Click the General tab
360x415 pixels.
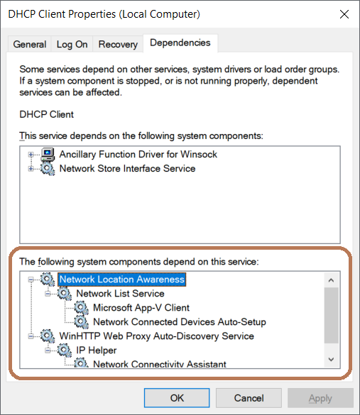pyautogui.click(x=29, y=44)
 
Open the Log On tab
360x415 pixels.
pyautogui.click(x=72, y=44)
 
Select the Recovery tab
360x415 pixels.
pyautogui.click(x=118, y=44)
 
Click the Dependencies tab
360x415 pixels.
pyautogui.click(x=180, y=43)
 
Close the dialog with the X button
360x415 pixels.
pyautogui.click(x=344, y=14)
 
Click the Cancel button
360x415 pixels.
pyautogui.click(x=249, y=398)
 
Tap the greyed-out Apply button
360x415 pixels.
pyautogui.click(x=320, y=398)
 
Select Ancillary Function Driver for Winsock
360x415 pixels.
pyautogui.click(x=138, y=154)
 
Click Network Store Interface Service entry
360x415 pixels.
pyautogui.click(x=127, y=168)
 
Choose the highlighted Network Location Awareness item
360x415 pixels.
pyautogui.click(x=122, y=280)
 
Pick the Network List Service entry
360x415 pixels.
pyautogui.click(x=120, y=294)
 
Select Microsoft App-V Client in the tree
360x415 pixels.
pyautogui.click(x=141, y=308)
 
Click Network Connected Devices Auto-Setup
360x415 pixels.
pyautogui.click(x=180, y=322)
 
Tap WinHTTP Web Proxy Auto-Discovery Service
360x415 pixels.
pyautogui.click(x=156, y=336)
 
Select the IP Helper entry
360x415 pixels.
pyautogui.click(x=97, y=350)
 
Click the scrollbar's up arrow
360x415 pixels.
pyautogui.click(x=331, y=280)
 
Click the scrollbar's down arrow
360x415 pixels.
pyautogui.click(x=331, y=359)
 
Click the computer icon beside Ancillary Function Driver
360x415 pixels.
pyautogui.click(x=48, y=155)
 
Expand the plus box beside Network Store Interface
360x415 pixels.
pyautogui.click(x=31, y=169)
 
